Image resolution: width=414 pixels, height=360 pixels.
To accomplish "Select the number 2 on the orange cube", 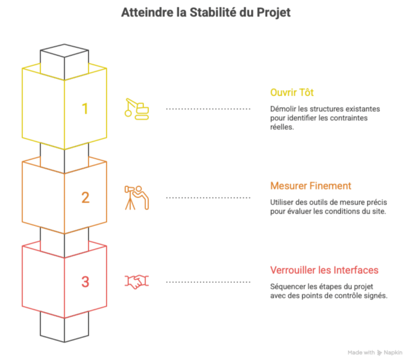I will pos(85,198).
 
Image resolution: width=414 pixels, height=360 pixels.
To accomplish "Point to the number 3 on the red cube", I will pos(85,282).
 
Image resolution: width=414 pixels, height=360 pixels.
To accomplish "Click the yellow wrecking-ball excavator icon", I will pos(137,108).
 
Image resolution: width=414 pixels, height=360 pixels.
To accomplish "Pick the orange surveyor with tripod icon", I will pos(137,197).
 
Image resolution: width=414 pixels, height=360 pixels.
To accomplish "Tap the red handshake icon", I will pos(137,282).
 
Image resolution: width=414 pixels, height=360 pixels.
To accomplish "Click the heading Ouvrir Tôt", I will pos(292,93).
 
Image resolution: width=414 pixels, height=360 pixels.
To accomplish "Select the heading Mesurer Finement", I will pos(310,186).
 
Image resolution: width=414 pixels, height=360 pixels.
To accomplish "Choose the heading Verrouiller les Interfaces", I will pos(324,270).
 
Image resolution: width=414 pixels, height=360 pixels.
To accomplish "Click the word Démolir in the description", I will pos(283,109).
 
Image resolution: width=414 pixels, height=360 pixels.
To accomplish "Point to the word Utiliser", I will pos(281,202).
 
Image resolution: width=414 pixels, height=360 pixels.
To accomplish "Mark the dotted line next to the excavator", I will pos(208,109).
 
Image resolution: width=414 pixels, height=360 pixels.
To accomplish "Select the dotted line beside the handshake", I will pos(208,282).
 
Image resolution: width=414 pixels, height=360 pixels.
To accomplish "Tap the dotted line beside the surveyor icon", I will pos(208,198).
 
